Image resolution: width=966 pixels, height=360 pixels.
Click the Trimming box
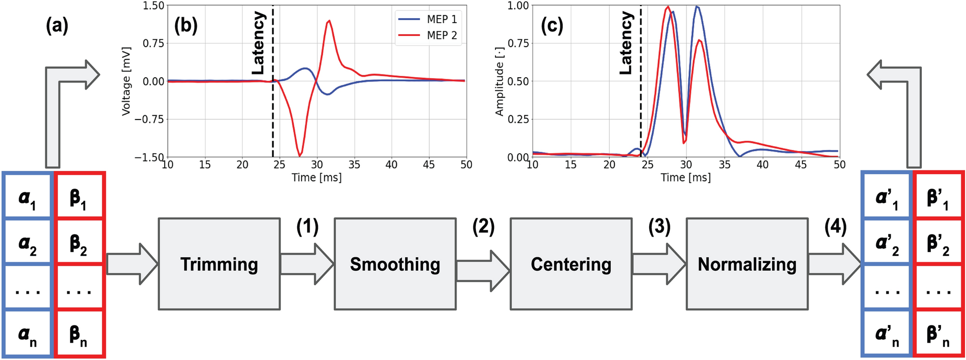tap(219, 264)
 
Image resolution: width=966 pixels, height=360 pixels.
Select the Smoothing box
tap(395, 264)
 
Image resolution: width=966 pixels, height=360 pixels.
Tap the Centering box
tap(571, 264)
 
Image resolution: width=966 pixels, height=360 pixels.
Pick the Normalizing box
tap(747, 264)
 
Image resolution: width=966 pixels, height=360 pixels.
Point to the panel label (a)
tap(57, 25)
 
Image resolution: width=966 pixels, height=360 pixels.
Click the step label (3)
tap(659, 227)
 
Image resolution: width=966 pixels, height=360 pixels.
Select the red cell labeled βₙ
tap(80, 334)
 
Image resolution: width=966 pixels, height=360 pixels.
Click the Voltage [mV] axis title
tap(126, 81)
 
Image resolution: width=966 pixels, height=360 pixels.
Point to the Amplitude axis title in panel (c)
tap(499, 81)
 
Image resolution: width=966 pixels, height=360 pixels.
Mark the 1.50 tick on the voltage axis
tap(154, 6)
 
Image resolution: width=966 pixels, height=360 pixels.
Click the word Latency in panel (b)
tap(258, 43)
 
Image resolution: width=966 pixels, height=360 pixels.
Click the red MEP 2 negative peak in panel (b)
tap(300, 155)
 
